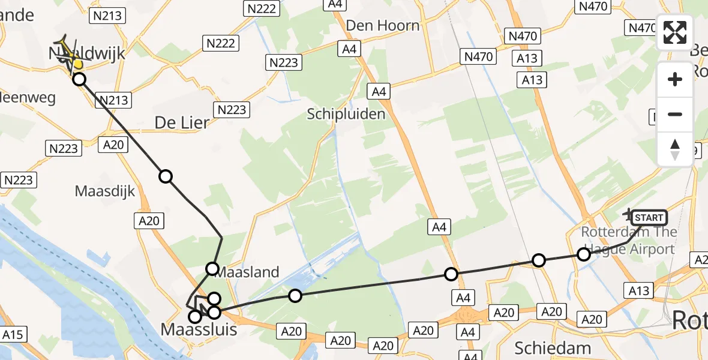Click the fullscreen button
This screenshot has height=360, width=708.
tap(675, 32)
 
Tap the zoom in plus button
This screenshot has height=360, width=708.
tap(675, 79)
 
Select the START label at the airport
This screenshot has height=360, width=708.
tap(649, 218)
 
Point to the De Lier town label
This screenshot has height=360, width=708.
tap(182, 122)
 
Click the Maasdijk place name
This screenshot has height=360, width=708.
tap(105, 191)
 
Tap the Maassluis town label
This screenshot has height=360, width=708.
tap(199, 329)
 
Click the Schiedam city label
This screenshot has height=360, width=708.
tap(545, 348)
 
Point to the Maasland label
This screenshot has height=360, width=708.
tap(247, 272)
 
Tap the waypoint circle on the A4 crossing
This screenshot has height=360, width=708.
tap(451, 274)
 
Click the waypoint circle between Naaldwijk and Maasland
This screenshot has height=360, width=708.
tap(166, 176)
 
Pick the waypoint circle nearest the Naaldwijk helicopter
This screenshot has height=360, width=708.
tap(79, 79)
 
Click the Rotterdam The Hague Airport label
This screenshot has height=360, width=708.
tap(629, 241)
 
